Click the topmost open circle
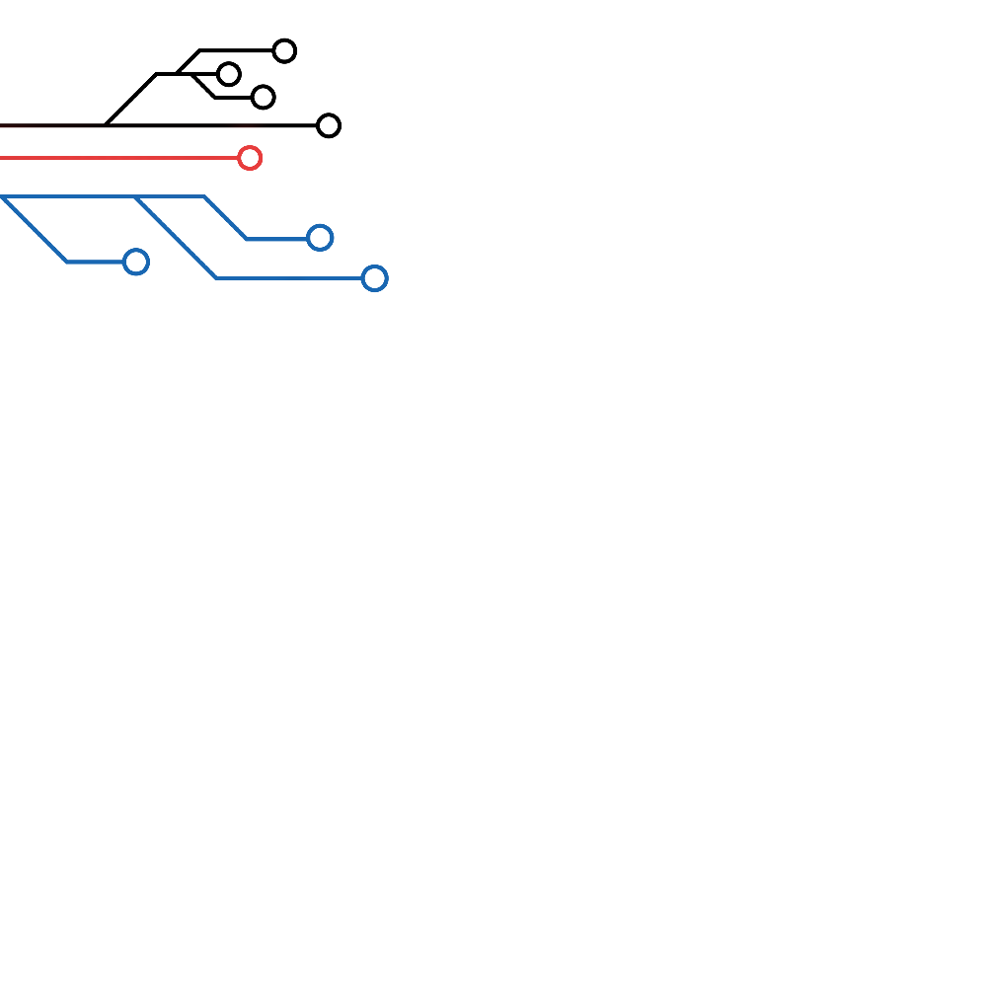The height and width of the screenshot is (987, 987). click(x=284, y=50)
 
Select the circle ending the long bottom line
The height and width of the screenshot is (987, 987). click(x=329, y=125)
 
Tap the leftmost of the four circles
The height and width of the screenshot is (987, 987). click(x=229, y=74)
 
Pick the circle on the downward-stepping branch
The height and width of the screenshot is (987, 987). click(x=263, y=97)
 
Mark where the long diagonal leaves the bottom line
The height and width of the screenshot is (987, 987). click(x=106, y=125)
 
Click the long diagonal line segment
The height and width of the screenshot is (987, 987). click(x=130, y=100)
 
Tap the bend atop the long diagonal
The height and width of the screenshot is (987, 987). click(x=156, y=74)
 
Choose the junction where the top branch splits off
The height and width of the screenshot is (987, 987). click(x=178, y=74)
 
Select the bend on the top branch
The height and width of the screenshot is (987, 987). click(x=200, y=50)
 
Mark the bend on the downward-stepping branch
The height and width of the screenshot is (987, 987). click(x=215, y=97)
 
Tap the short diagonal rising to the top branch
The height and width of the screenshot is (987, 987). click(x=189, y=62)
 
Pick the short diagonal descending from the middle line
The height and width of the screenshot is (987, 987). click(x=203, y=86)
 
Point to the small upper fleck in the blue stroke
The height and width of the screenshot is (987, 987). click(x=122, y=210)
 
